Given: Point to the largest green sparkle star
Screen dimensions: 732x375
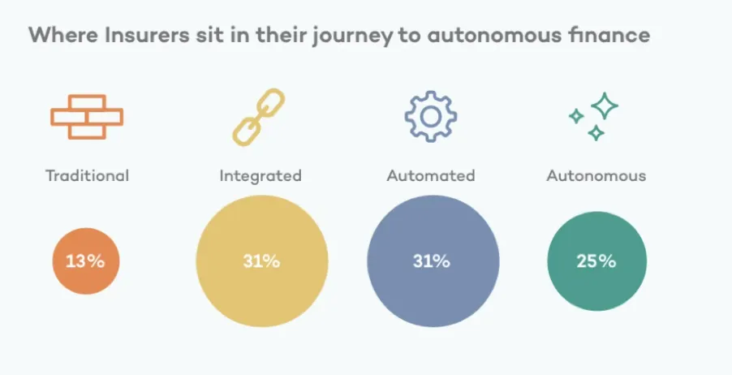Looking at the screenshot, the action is (605, 106).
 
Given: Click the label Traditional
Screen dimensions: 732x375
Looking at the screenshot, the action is (88, 175).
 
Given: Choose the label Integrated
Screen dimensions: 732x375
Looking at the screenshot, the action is (261, 176).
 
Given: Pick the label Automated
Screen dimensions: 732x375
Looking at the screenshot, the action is (431, 175).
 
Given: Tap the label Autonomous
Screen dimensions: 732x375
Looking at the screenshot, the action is (596, 175).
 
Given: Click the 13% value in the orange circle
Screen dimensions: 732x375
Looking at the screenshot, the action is (85, 261).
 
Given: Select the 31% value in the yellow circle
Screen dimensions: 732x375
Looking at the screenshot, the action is (261, 261).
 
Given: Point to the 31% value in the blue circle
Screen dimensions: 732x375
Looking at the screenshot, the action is (432, 261).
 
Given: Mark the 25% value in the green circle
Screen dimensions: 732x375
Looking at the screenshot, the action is (596, 261).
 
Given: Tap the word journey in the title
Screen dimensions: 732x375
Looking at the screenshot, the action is (352, 37).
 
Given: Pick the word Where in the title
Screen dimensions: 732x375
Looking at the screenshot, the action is (63, 35).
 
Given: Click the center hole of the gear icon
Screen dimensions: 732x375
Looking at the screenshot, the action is (430, 117).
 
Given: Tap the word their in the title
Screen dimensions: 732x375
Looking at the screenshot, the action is (281, 35).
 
